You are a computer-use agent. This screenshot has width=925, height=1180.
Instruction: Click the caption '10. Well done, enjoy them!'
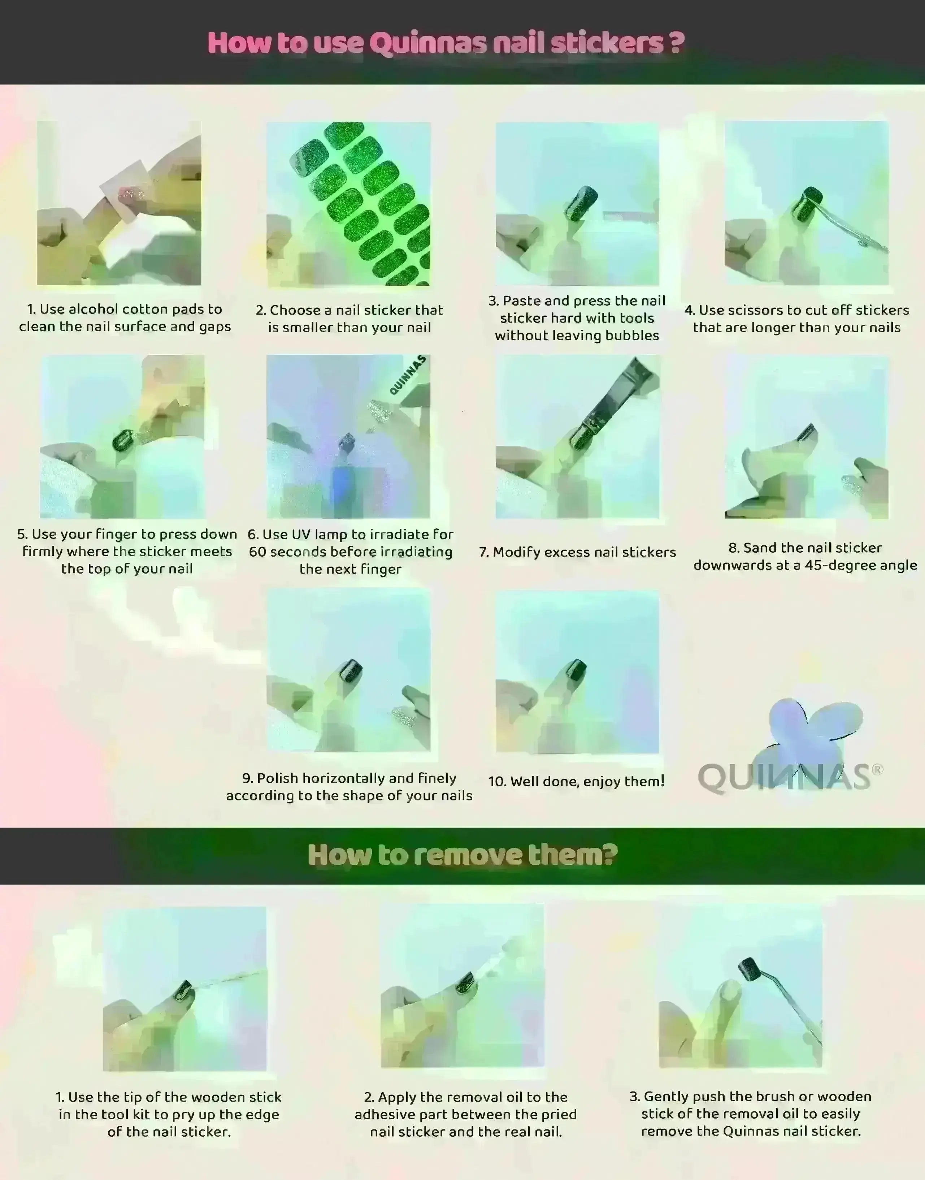click(576, 781)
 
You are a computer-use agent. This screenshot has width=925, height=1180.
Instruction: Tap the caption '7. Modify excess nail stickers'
click(577, 552)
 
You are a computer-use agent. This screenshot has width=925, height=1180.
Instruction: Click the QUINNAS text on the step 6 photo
click(408, 374)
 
